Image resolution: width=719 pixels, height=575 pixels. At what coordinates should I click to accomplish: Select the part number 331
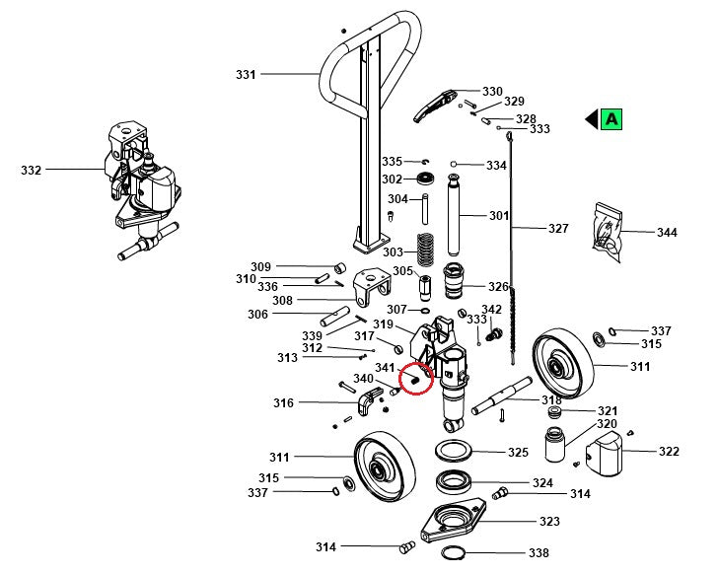click(x=246, y=74)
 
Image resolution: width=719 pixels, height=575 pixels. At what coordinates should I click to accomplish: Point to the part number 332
click(x=32, y=170)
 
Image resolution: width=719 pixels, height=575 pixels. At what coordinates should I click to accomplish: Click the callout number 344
click(x=668, y=233)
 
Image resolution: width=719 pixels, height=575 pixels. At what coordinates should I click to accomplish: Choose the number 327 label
click(x=559, y=228)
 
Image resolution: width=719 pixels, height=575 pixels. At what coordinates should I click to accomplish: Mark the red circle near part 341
click(x=415, y=376)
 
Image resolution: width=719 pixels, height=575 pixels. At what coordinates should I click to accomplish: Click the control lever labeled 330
click(x=433, y=103)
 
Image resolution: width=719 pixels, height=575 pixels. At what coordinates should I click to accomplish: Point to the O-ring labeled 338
click(x=455, y=553)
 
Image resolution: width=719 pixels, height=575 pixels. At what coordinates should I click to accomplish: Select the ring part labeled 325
click(x=455, y=452)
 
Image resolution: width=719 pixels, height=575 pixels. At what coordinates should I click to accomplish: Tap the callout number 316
click(x=284, y=402)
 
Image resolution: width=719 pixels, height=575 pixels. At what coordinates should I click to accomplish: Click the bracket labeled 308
click(x=372, y=287)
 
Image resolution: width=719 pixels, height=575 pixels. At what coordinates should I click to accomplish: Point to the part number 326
click(x=498, y=287)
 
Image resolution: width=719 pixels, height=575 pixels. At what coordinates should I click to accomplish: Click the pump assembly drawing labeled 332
click(x=139, y=187)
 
